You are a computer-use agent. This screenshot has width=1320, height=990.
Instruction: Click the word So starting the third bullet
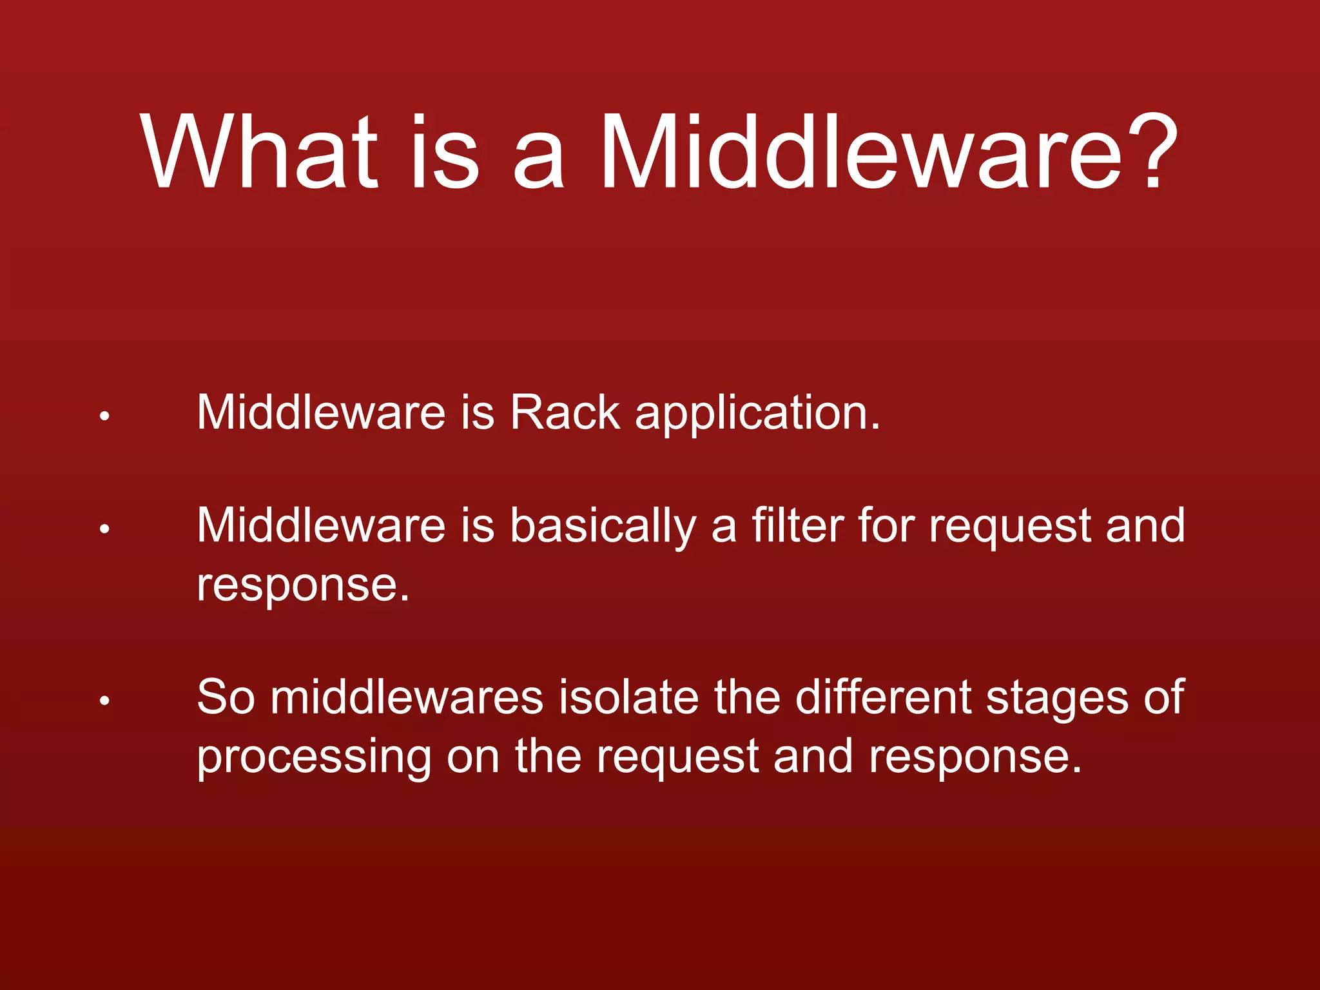pyautogui.click(x=226, y=697)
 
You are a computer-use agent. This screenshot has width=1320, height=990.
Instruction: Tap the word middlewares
pyautogui.click(x=407, y=697)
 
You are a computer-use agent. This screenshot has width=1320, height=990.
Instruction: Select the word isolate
pyautogui.click(x=628, y=697)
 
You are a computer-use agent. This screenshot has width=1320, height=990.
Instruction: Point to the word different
pyautogui.click(x=882, y=697)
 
